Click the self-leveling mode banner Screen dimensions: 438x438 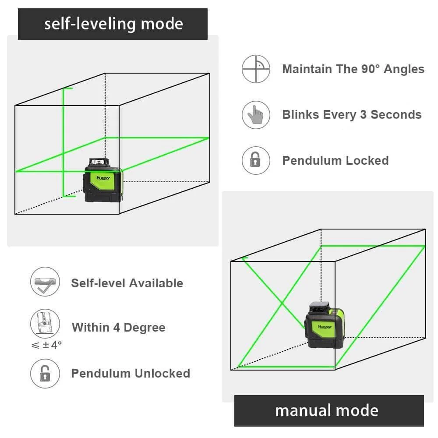[113, 24]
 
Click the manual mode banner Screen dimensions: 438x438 [328, 410]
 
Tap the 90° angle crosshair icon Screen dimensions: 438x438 [256, 69]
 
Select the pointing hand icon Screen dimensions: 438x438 [256, 115]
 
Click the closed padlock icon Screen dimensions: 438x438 [256, 160]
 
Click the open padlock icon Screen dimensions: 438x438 [44, 373]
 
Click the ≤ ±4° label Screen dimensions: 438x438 [46, 345]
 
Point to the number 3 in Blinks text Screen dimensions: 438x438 [363, 115]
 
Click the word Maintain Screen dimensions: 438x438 [307, 69]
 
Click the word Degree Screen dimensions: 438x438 [145, 328]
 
